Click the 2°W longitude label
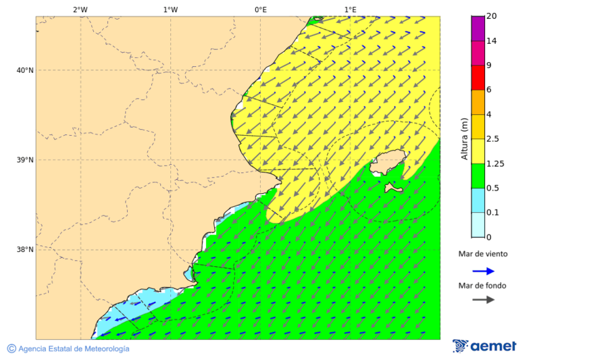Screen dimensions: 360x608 [80, 9]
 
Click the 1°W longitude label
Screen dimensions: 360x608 [170, 9]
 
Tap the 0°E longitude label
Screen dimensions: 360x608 [260, 9]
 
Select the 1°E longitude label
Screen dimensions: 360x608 [351, 9]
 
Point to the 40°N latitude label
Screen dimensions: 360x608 [25, 70]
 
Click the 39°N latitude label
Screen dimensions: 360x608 [25, 160]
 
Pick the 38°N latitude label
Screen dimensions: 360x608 [25, 250]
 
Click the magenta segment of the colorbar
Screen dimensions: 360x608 [478, 53]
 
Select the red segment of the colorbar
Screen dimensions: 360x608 [478, 77]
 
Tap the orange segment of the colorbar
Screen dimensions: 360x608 [478, 102]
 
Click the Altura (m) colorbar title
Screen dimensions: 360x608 [464, 138]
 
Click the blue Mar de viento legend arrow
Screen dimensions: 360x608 [483, 271]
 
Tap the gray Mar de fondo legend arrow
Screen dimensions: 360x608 [483, 300]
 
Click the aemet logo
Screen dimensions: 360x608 [484, 346]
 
